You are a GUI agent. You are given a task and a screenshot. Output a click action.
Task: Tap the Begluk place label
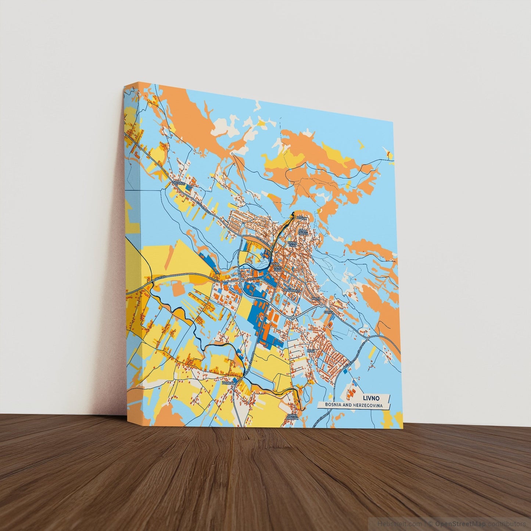(301, 217)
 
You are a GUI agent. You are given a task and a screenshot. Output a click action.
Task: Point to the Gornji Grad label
(292, 244)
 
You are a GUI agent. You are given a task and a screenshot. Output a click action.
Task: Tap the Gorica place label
(328, 312)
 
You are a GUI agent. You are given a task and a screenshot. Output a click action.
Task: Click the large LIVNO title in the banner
(371, 398)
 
